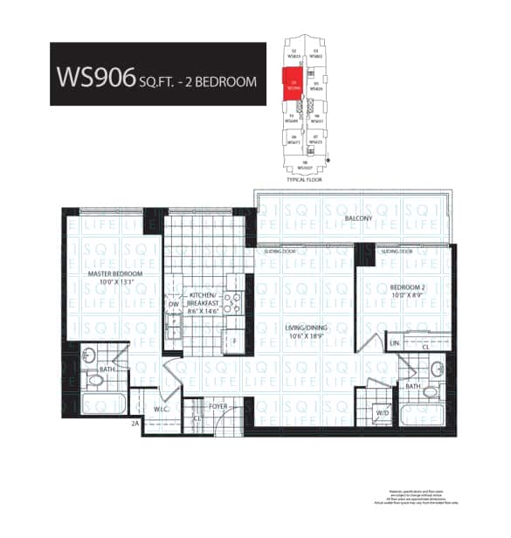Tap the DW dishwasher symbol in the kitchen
tap(174, 306)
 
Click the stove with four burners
tap(232, 304)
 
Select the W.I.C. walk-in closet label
tap(161, 409)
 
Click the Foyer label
tap(217, 404)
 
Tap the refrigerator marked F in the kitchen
tap(234, 339)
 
